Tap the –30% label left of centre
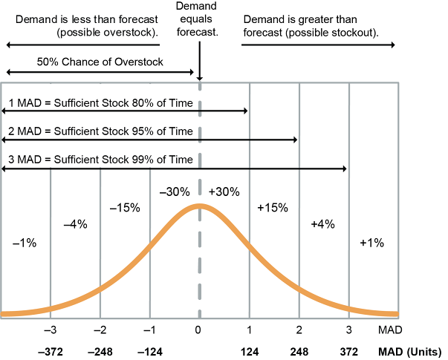(174, 192)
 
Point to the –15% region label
(124, 208)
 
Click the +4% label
(322, 224)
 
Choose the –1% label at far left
(25, 243)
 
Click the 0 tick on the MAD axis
(198, 330)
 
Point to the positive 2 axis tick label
(298, 330)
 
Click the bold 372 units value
(348, 350)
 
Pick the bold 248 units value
(298, 350)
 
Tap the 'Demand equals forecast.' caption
(198, 20)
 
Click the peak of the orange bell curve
(199, 206)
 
